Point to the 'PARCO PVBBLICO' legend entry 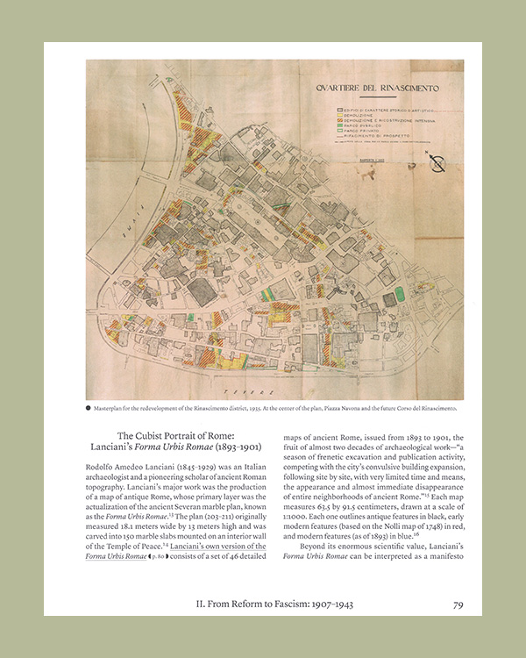359,125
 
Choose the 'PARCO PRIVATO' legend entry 358,132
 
